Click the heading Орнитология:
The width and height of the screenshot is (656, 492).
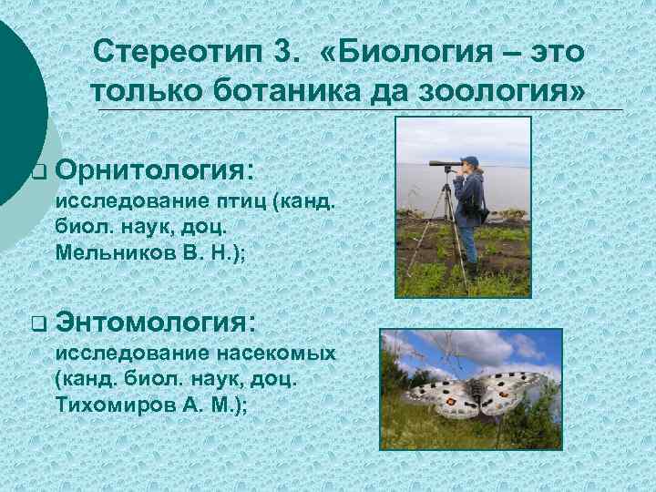[x=155, y=169]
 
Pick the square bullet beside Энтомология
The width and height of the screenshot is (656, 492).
[x=36, y=322]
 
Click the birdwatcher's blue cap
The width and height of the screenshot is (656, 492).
[x=470, y=160]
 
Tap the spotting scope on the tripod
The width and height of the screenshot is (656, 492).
[x=446, y=164]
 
